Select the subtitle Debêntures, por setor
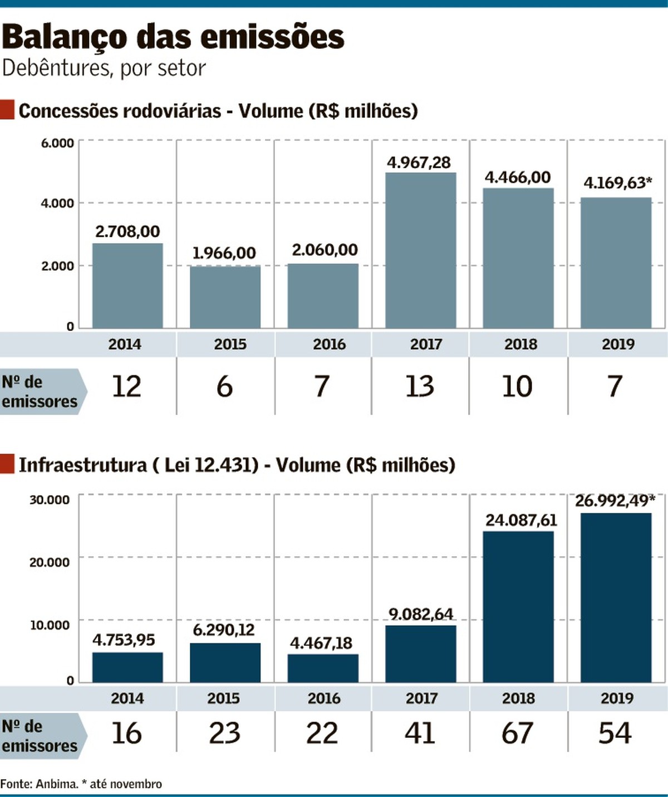(x=104, y=69)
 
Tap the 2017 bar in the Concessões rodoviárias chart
(x=420, y=250)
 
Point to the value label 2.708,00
(x=127, y=231)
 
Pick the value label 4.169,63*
(x=617, y=183)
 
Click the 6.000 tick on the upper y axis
(x=57, y=143)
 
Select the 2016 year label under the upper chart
(x=329, y=344)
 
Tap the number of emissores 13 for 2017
(x=420, y=386)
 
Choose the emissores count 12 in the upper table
(x=127, y=386)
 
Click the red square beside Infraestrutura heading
(x=7, y=464)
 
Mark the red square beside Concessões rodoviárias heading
(x=7, y=110)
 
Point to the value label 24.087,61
(x=521, y=520)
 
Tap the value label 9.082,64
(x=421, y=614)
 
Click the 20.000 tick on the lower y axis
(x=50, y=562)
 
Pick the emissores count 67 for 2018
(x=517, y=733)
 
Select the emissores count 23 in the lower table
(x=224, y=733)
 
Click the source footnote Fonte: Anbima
(x=39, y=784)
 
